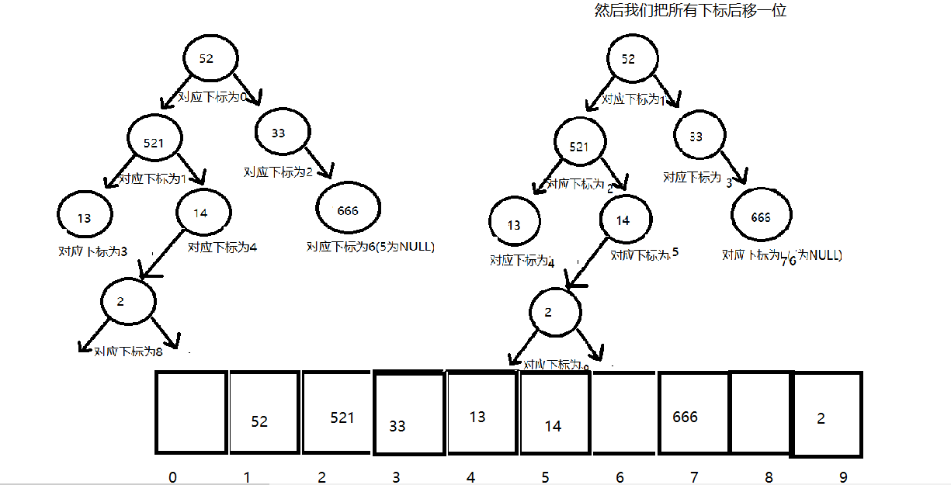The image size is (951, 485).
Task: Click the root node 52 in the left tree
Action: pyautogui.click(x=206, y=59)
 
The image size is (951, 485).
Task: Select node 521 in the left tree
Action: pyautogui.click(x=154, y=140)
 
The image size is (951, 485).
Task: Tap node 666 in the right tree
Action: pyautogui.click(x=761, y=217)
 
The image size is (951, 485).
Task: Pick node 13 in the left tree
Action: pyautogui.click(x=84, y=217)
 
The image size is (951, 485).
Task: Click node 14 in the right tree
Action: pyautogui.click(x=623, y=220)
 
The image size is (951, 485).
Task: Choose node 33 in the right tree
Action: pyautogui.click(x=696, y=136)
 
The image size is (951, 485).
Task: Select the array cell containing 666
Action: pyautogui.click(x=693, y=413)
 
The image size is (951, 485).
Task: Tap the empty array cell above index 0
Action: pyautogui.click(x=191, y=413)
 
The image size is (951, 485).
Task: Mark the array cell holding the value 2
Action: pyautogui.click(x=826, y=414)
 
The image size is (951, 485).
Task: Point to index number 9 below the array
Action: pyautogui.click(x=842, y=476)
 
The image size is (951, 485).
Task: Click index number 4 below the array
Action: pyautogui.click(x=470, y=476)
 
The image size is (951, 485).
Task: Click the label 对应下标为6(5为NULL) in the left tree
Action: pyautogui.click(x=370, y=247)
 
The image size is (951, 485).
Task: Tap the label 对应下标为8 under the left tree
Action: pyautogui.click(x=128, y=352)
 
